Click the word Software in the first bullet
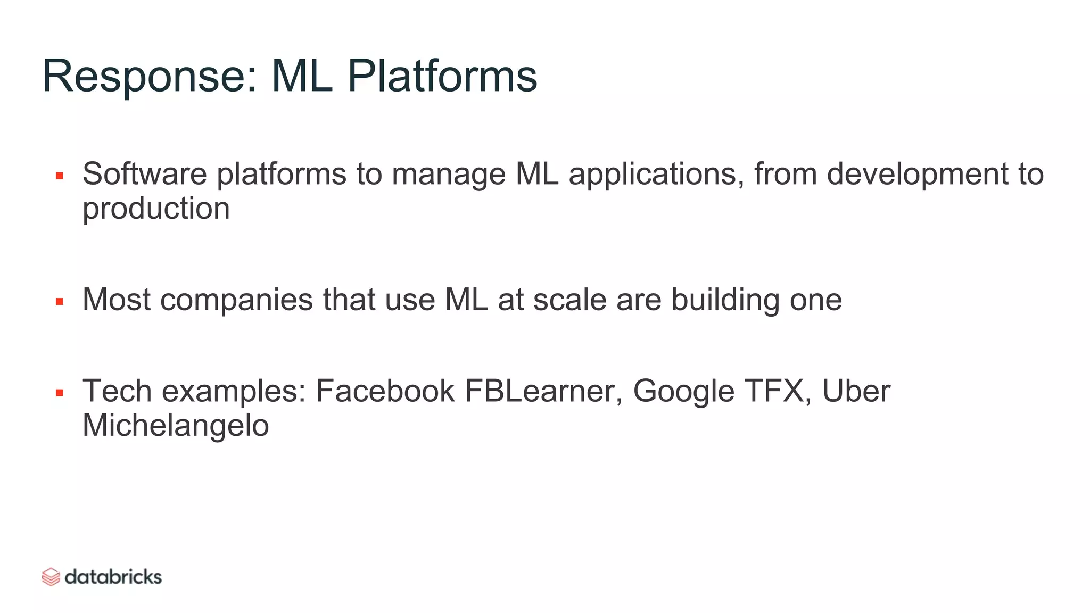point(144,174)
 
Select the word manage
point(449,175)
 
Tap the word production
point(156,209)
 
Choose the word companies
point(236,301)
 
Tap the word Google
point(683,392)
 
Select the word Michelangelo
point(176,426)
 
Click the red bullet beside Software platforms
point(60,176)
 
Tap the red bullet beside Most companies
point(60,302)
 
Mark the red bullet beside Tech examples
point(60,393)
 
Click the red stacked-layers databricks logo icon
point(51,577)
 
